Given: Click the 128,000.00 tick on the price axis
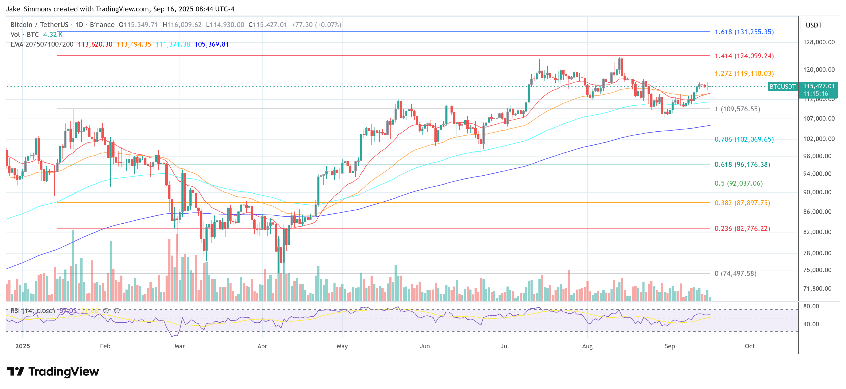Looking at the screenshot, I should coord(819,42).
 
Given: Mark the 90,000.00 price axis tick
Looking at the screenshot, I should coord(819,192).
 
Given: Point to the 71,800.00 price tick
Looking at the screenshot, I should coord(819,289).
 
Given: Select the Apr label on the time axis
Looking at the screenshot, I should coord(262,346).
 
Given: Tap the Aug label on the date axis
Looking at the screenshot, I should coord(587,346).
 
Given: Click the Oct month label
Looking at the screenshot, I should coord(749,346).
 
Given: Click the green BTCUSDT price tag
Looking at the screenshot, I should coord(783,87).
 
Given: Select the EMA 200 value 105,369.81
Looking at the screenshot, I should coord(211,44).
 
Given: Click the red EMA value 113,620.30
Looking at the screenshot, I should coord(95,44).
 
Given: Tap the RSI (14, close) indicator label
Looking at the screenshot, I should coord(32,311).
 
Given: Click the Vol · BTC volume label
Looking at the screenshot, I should coord(25,34).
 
